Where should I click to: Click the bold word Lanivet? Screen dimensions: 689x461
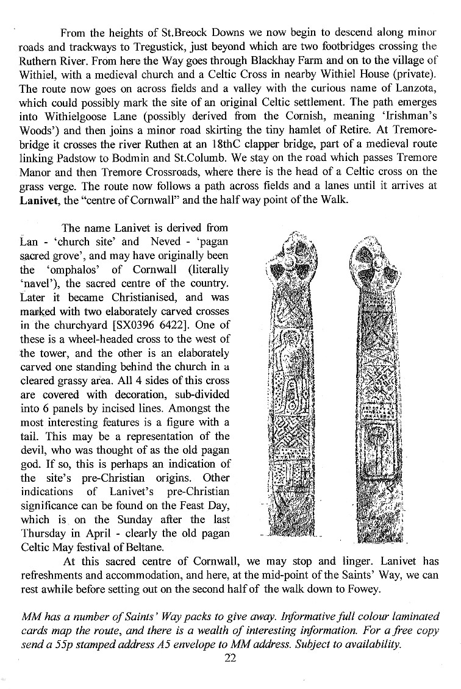pyautogui.click(x=38, y=201)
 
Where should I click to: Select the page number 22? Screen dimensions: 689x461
pyautogui.click(x=230, y=659)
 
